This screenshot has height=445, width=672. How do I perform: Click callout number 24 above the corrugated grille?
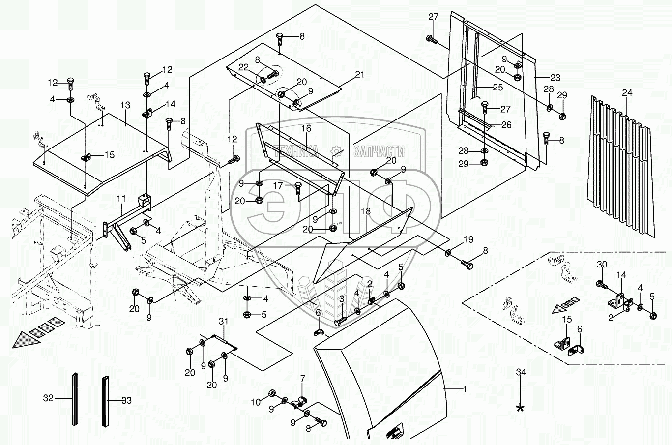[x=627, y=93]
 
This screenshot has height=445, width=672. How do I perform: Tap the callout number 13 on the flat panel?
[x=125, y=105]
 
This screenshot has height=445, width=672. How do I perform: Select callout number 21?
[x=359, y=74]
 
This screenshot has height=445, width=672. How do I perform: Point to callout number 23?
[x=555, y=78]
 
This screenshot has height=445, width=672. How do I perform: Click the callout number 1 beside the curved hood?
[x=465, y=389]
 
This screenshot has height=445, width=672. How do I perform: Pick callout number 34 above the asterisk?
[x=521, y=372]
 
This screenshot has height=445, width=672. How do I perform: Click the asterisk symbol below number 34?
[x=520, y=408]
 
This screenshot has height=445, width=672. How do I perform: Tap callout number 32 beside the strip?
[x=48, y=398]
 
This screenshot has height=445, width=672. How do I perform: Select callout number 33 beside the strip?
[x=126, y=401]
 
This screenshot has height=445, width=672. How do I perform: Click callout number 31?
[x=224, y=322]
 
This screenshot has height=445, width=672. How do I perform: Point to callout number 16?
[x=306, y=128]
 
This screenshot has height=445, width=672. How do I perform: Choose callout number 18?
[x=366, y=211]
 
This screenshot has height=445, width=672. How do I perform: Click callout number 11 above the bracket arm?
[x=121, y=198]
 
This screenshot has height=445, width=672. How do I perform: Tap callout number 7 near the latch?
[x=302, y=378]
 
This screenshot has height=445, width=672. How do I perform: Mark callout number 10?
[x=256, y=402]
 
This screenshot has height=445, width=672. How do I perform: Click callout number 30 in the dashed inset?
[x=602, y=265]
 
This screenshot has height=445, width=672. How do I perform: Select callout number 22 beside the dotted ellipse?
[x=243, y=67]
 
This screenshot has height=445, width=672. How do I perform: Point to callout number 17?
[x=278, y=186]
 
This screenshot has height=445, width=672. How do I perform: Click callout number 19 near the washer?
[x=468, y=239]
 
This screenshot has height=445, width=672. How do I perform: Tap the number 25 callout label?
[x=497, y=88]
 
